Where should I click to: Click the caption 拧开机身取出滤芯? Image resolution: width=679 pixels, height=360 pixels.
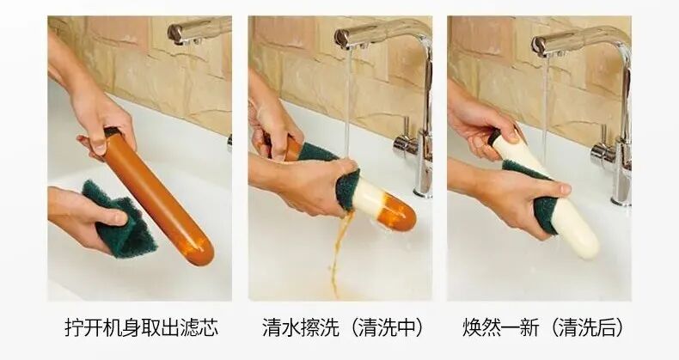(x=142, y=327)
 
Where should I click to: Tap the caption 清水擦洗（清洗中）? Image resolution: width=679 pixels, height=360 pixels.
(x=343, y=327)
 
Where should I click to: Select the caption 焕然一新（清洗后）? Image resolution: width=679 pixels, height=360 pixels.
(x=543, y=327)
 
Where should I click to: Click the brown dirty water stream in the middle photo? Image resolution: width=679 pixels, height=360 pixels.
(x=336, y=255)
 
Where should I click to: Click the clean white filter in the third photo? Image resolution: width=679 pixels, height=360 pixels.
(x=547, y=197)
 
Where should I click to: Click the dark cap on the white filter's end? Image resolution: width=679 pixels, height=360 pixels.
(x=494, y=137)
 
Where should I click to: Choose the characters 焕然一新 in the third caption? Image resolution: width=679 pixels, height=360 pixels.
(x=500, y=327)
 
